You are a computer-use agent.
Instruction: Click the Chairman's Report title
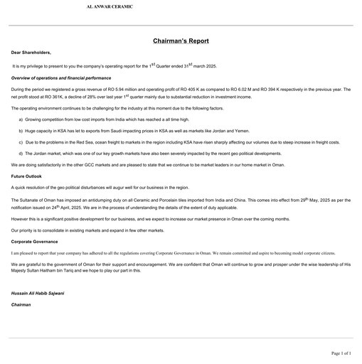coord(181,41)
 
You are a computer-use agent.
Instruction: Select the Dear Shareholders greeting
coord(31,53)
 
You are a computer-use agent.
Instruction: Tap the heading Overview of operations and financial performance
coord(61,77)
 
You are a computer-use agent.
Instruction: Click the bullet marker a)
coord(21,119)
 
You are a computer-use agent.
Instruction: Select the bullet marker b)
coord(21,131)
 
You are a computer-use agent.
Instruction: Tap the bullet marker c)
coord(21,142)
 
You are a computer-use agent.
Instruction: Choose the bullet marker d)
coord(21,154)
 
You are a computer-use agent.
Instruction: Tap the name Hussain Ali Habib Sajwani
coord(38,293)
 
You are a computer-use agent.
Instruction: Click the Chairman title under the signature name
coord(21,304)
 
